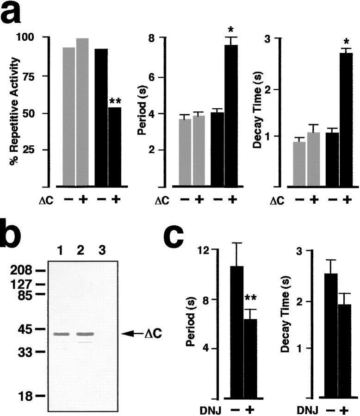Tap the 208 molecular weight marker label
22,270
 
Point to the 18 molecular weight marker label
25,396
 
